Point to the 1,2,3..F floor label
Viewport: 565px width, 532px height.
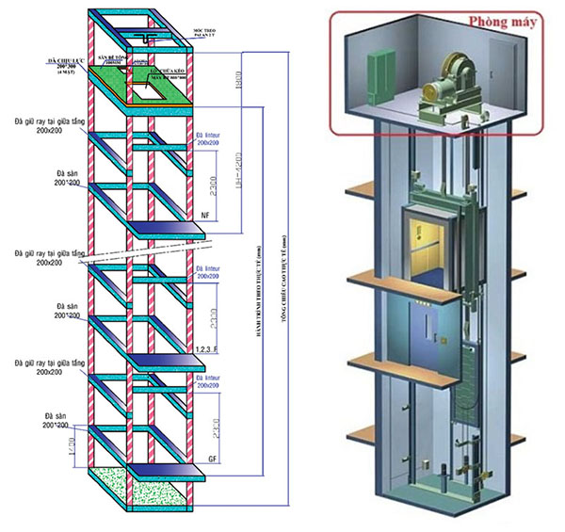coord(206,348)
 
